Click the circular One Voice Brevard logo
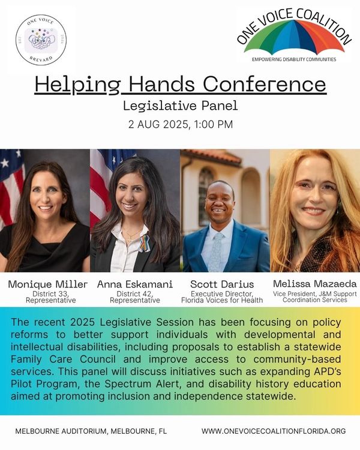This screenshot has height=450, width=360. (41, 40)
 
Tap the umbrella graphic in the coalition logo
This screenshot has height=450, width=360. (294, 37)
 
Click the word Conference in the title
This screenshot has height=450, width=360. (265, 84)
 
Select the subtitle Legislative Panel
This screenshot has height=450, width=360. (180, 106)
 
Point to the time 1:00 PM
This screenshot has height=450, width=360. (213, 125)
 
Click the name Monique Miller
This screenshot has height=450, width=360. (47, 284)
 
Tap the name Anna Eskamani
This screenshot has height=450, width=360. (135, 284)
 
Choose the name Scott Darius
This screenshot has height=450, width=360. (222, 284)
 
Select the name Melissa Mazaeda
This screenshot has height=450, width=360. (314, 284)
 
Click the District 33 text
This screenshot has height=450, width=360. (50, 294)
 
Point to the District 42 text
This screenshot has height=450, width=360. (135, 294)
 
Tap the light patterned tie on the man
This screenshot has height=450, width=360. (216, 252)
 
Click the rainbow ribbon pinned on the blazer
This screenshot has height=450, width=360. (145, 243)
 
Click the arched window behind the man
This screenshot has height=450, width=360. (206, 195)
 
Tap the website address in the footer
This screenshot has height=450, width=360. (274, 431)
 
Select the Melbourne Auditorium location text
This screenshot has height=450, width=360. (91, 431)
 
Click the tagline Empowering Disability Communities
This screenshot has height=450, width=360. (294, 59)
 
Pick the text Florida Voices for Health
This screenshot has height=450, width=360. (222, 300)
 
